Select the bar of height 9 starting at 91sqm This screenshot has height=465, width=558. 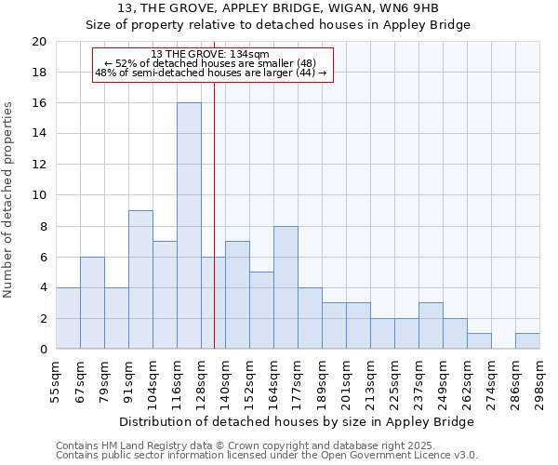[x=140, y=280]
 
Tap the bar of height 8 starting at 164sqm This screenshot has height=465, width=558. [x=286, y=287]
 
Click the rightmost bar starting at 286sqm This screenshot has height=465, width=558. [x=527, y=341]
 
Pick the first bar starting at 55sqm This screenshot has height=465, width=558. [x=68, y=318]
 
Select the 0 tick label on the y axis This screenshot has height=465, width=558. [x=42, y=350]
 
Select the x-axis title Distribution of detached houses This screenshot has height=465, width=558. [x=298, y=421]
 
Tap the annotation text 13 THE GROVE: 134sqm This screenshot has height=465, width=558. [x=210, y=54]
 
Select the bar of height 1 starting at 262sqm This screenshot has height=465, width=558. [x=479, y=341]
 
